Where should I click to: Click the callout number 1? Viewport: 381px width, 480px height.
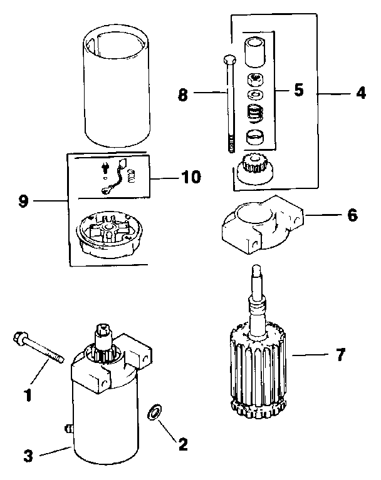(27, 395)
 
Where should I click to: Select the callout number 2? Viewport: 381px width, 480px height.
(182, 444)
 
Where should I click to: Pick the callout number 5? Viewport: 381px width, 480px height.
(299, 89)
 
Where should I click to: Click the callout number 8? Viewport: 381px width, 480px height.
(182, 96)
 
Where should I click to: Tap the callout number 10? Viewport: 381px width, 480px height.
(187, 177)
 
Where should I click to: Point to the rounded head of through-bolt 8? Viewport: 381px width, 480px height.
(227, 59)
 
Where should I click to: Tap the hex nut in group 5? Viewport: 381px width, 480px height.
(256, 79)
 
